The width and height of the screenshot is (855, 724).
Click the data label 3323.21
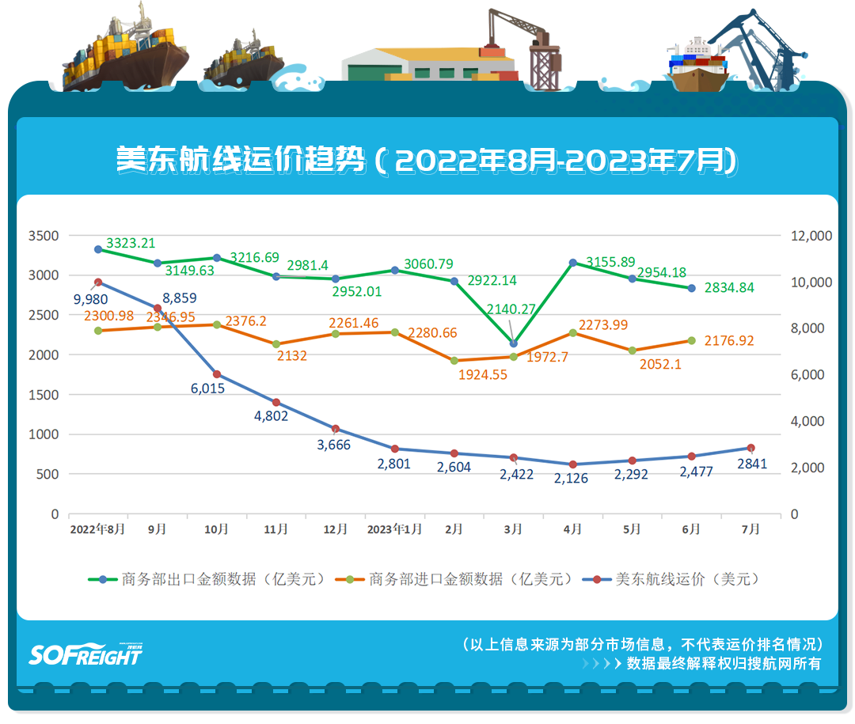pos(131,243)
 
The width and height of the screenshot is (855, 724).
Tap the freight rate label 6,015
pos(208,389)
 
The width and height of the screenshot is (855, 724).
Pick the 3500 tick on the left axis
pos(43,236)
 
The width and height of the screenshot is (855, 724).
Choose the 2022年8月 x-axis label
pos(97,529)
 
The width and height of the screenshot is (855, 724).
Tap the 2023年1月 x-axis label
pos(393,529)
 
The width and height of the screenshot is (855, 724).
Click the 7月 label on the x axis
pos(750,529)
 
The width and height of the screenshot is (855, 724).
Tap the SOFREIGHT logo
pos(86,654)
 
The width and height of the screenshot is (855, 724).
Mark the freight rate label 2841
pos(751,464)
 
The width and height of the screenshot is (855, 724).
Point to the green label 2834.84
pos(728,287)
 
